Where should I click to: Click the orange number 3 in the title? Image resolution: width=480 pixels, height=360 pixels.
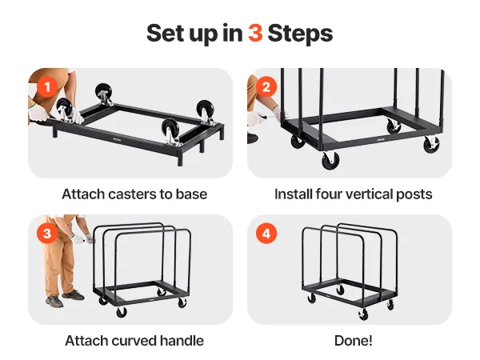click(255, 33)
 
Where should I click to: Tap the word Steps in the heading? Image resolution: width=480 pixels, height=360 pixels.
click(300, 34)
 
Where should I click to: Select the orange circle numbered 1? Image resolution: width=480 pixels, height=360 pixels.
click(47, 87)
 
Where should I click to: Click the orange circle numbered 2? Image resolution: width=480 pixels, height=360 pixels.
click(266, 87)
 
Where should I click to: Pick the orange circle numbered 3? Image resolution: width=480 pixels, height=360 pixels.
click(47, 234)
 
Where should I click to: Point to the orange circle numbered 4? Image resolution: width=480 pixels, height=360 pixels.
click(266, 234)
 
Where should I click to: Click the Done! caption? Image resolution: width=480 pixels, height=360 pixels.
click(354, 341)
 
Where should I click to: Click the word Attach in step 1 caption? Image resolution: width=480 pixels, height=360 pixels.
click(83, 194)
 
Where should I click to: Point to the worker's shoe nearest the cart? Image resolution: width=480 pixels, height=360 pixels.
click(73, 295)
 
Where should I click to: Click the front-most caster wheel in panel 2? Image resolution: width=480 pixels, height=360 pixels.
click(330, 160)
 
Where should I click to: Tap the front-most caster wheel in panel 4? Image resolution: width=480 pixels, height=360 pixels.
click(363, 314)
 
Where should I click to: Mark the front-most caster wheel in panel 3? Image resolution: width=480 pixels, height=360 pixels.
click(122, 312)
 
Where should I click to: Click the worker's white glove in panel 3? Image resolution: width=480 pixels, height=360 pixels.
click(89, 238)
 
